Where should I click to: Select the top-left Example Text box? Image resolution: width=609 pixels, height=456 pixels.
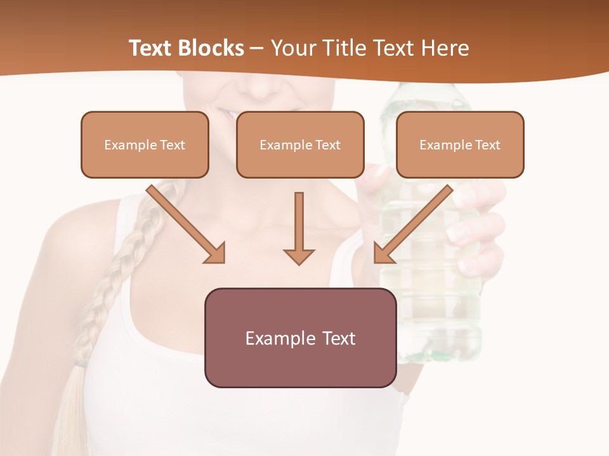[x=145, y=144]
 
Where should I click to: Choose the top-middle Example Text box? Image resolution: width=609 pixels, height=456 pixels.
[x=300, y=144]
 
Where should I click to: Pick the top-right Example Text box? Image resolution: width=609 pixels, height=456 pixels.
[x=460, y=144]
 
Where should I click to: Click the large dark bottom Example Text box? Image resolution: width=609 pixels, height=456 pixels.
[x=300, y=338]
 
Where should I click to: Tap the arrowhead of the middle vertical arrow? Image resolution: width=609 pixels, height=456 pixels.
[x=299, y=256]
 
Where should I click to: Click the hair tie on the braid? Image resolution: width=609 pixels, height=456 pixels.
[x=81, y=363]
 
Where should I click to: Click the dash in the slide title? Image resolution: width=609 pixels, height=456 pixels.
[x=257, y=49]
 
